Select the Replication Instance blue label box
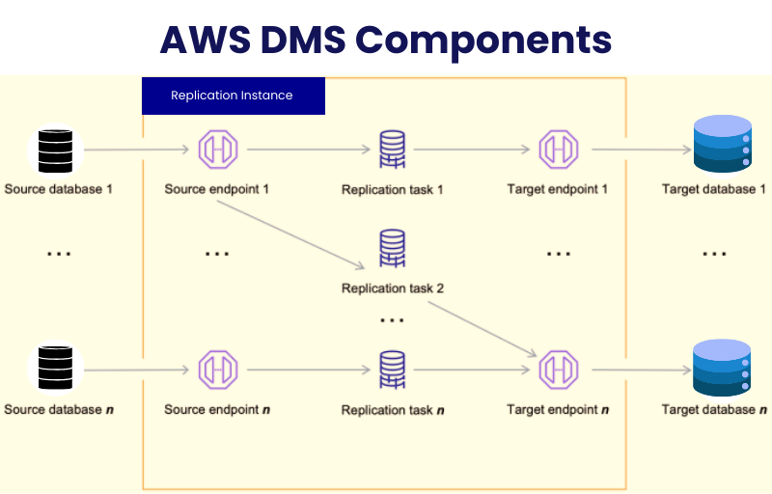coord(233,96)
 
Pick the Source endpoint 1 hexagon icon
coord(217,151)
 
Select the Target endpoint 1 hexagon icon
coord(558,151)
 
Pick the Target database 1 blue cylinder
coord(722,145)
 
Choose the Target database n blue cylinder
coord(722,368)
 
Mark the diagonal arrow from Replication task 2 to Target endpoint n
coord(482,328)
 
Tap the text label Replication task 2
coord(392,288)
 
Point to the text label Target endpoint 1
coord(557,189)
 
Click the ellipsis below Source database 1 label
coord(59,254)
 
